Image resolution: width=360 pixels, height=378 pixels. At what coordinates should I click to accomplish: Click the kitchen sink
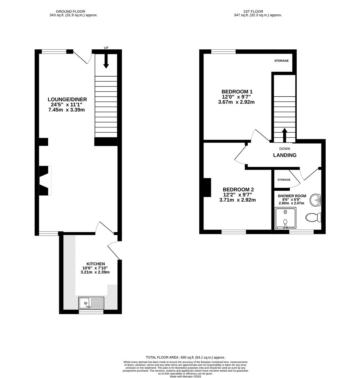[x=91, y=303]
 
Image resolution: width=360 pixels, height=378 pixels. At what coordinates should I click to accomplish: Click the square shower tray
[x=286, y=218]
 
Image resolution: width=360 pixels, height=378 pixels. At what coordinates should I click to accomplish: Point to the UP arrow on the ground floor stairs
[x=106, y=61]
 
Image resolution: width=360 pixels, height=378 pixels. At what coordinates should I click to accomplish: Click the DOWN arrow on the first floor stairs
[x=284, y=135]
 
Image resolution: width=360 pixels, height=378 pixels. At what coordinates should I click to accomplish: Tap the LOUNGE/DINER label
[x=68, y=99]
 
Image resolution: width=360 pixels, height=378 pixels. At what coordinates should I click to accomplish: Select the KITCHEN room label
[x=96, y=264]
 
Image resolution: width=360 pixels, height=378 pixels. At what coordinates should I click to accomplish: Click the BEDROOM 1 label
[x=237, y=92]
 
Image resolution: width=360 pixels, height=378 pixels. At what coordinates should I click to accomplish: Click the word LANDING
[x=285, y=155]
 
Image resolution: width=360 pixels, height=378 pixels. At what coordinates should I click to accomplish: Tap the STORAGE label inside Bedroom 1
[x=281, y=61]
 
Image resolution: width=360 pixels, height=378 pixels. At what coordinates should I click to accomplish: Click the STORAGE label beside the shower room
[x=284, y=180]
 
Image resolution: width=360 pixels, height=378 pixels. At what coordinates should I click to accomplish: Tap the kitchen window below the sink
[x=91, y=311]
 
